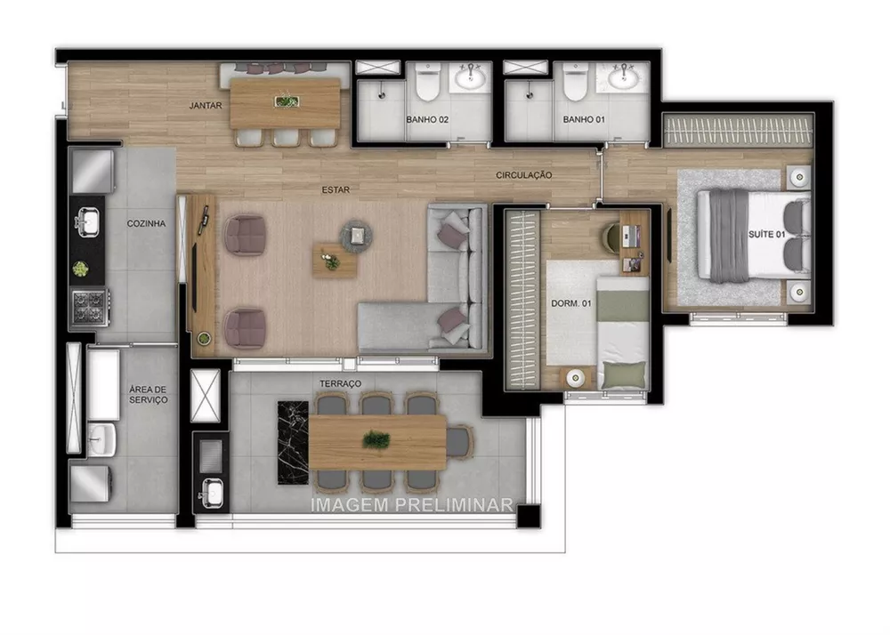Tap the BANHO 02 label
point(426,119)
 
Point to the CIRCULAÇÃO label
point(524,175)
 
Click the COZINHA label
point(147,224)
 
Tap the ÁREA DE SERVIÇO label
point(148,394)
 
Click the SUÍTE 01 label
point(768,235)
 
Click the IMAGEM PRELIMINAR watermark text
point(412,504)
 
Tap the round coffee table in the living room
point(356,235)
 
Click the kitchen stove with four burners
point(89,305)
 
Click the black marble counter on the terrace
point(293,441)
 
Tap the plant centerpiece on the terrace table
point(376,438)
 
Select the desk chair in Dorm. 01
point(613,234)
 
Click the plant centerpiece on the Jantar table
point(287,101)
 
